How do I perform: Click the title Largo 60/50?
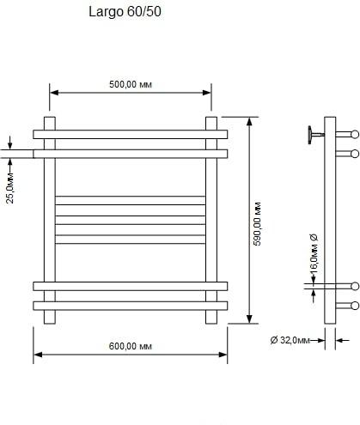click(x=125, y=12)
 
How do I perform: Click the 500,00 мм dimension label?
click(x=131, y=85)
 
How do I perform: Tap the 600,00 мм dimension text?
click(x=131, y=346)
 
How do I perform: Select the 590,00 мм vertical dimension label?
click(x=258, y=224)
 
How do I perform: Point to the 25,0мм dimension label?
click(x=10, y=188)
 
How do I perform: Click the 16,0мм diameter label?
click(x=314, y=253)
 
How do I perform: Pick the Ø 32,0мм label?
click(x=290, y=340)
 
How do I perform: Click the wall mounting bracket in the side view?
click(x=316, y=135)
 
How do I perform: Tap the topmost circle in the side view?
click(x=355, y=134)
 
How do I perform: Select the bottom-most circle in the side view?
click(x=355, y=306)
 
